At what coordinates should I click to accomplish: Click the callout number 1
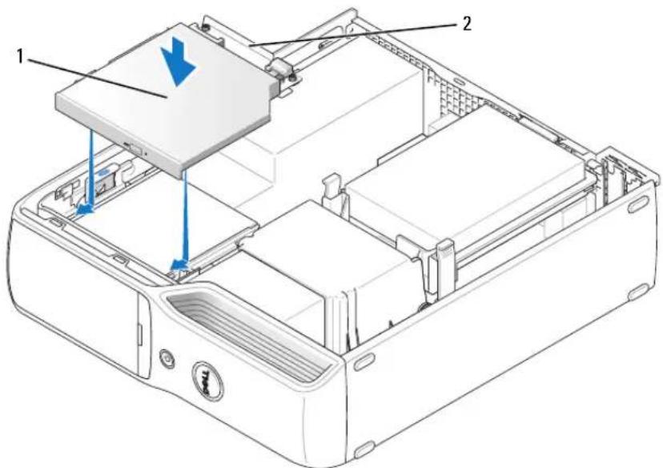19,56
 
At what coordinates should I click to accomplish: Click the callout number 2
466,24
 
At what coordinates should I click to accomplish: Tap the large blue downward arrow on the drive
179,61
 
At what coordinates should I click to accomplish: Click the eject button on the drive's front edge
135,148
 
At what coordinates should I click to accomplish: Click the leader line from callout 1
96,79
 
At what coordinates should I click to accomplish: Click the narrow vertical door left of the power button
143,334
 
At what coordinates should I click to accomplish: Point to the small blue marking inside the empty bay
104,172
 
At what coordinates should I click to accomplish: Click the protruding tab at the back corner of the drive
280,69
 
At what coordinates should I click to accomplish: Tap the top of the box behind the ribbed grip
326,241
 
